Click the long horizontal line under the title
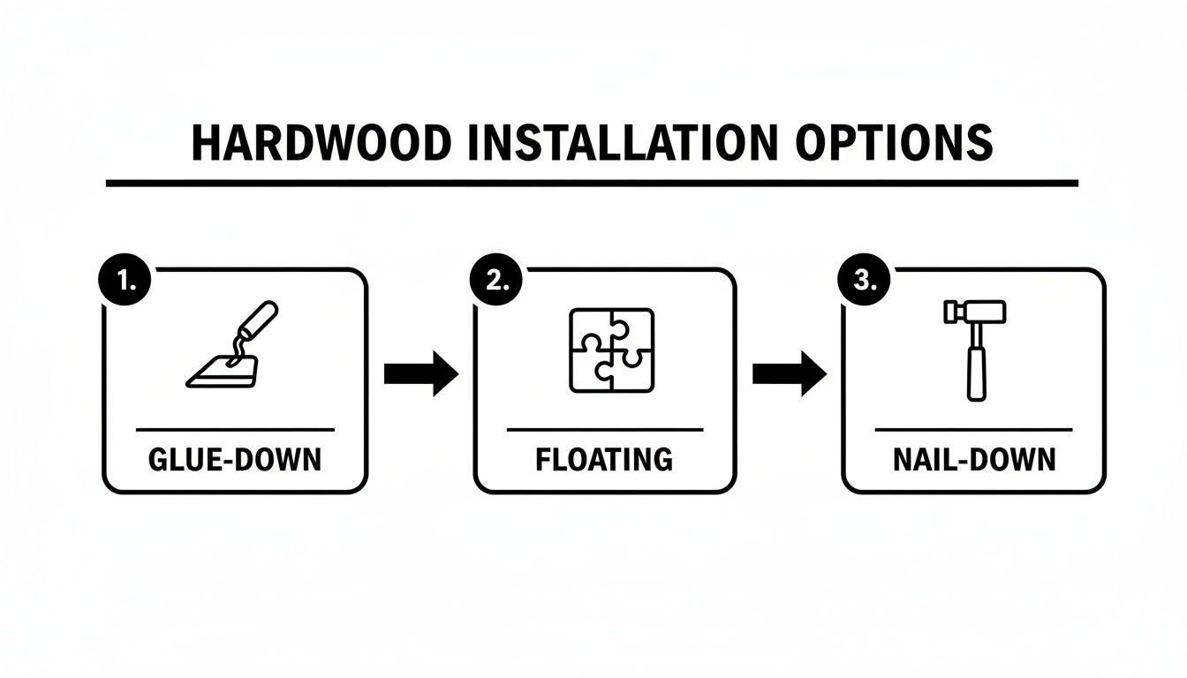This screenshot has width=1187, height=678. pos(592,183)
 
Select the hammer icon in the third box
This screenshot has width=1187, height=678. pos(975,348)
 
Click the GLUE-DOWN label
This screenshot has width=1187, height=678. pos(235,460)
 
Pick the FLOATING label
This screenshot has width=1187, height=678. pos(604,460)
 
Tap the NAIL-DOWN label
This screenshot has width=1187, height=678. pos(973,460)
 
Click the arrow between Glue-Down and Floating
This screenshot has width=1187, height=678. pos(421,374)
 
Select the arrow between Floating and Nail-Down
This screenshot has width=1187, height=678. pos(789,374)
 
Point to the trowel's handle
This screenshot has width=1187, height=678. pos(260,320)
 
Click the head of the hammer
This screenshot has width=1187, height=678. pos(975,311)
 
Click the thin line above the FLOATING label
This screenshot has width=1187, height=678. pos(605,430)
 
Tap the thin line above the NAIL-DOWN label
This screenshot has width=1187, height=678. pos(973,430)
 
